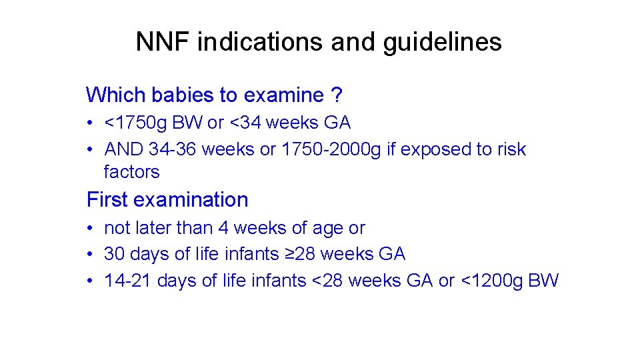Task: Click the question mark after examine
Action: point(337,95)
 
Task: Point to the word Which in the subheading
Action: point(116,95)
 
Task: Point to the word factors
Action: point(132,172)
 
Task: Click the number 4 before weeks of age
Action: point(223,228)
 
